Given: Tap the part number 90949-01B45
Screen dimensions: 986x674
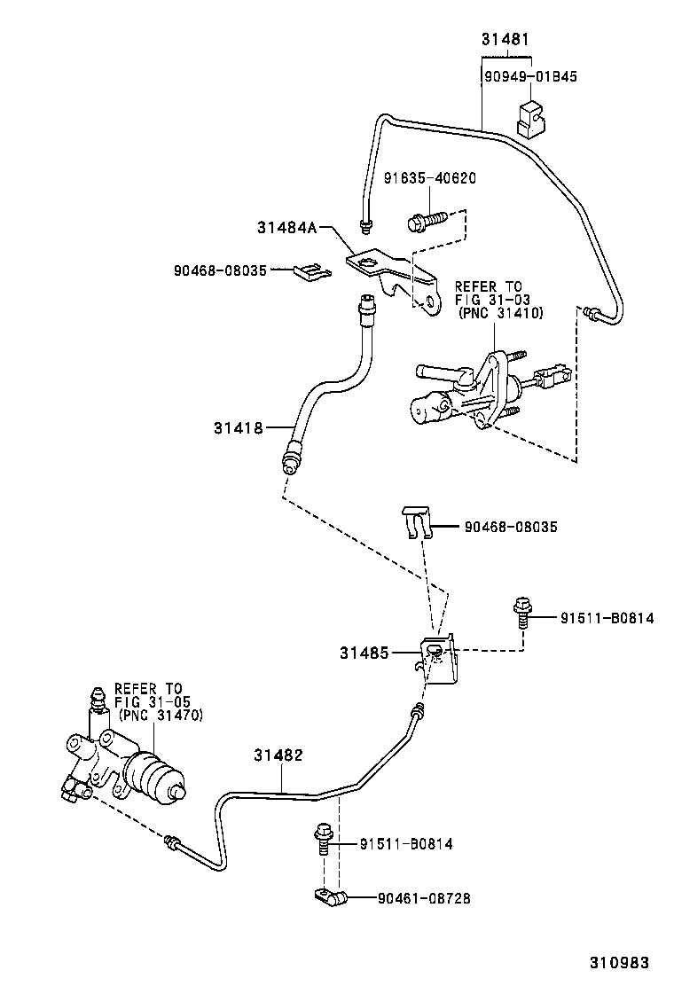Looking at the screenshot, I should pos(530,76).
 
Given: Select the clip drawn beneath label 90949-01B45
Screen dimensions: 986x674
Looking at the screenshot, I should pos(530,120).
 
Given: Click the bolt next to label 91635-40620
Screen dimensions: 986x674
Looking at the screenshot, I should pos(425,218).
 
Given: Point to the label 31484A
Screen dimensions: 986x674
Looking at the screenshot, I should pos(287,227).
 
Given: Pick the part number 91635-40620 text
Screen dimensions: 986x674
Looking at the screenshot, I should pos(429,178).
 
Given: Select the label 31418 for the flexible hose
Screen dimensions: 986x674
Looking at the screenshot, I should pos(238,428).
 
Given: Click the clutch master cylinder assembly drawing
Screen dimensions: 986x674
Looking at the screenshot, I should pos(479,390).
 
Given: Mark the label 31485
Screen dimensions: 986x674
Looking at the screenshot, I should pos(363,653).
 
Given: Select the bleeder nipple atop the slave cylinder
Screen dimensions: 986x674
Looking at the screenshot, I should pos(97,705).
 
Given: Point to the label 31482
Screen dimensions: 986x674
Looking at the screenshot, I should pos(278,755).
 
